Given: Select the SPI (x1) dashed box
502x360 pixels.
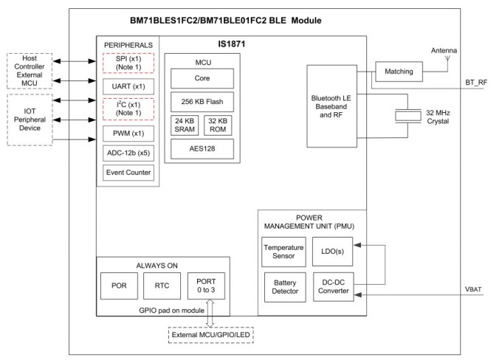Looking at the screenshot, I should click(128, 63).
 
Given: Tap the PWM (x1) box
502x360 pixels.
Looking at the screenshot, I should click(128, 135).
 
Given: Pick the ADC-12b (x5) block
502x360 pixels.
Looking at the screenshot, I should click(128, 153).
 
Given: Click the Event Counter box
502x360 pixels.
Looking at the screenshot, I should click(128, 173).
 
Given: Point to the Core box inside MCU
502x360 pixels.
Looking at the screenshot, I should click(202, 77).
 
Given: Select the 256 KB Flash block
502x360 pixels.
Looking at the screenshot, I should click(202, 101).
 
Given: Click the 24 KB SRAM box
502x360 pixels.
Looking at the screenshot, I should click(185, 125).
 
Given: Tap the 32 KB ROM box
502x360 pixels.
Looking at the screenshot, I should click(219, 125).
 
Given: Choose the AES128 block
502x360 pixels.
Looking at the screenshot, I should click(202, 149).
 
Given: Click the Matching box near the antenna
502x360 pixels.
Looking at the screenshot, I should click(399, 72).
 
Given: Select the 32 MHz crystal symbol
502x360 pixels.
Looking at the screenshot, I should click(406, 115).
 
